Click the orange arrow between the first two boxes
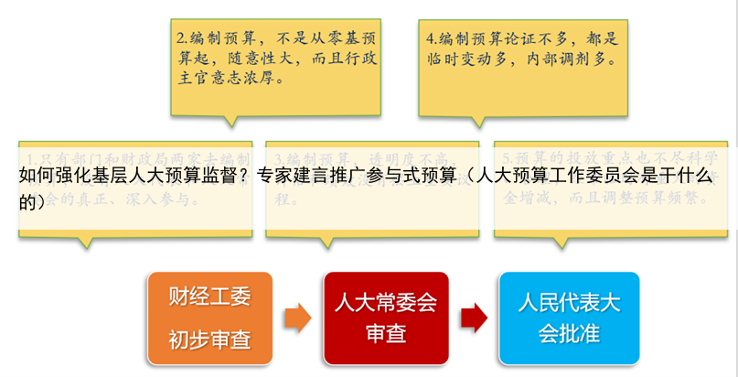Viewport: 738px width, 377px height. (x=297, y=319)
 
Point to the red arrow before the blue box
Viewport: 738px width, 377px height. (x=473, y=319)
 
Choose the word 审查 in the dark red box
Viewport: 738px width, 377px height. (x=386, y=335)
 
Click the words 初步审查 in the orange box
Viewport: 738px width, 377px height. (x=209, y=340)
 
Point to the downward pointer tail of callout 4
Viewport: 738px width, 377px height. (x=476, y=121)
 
